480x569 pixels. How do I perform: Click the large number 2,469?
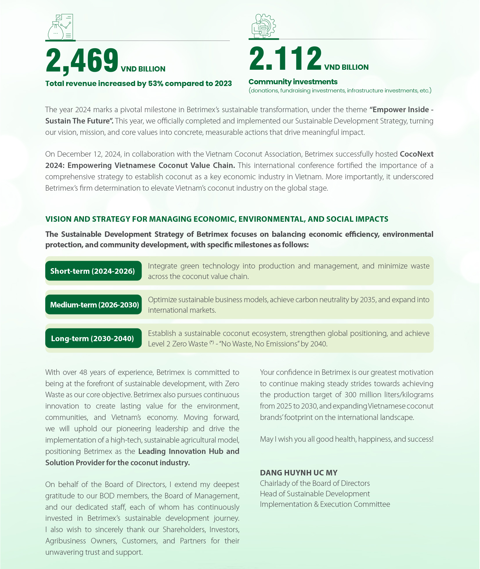pos(82,61)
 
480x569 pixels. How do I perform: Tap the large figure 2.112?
pos(285,59)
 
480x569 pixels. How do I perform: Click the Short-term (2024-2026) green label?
pos(93,271)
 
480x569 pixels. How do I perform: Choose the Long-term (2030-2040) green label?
pos(93,338)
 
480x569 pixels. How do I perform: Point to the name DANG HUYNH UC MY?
pos(299,473)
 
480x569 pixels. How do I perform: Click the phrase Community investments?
pos(293,82)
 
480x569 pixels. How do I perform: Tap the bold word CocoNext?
pos(416,154)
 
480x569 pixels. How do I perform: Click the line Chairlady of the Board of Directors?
pos(315,483)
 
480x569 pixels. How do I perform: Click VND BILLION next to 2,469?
pos(143,69)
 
